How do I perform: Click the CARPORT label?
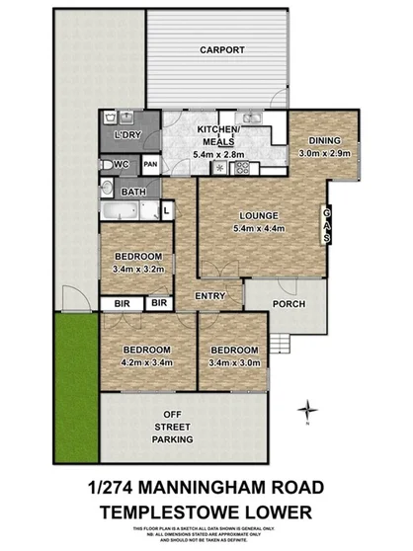220,49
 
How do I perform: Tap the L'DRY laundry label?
125,133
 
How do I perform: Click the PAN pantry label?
151,164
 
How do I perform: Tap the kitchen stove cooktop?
241,167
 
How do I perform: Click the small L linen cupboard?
166,208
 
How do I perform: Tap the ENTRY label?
208,296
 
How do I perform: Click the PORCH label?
289,303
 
